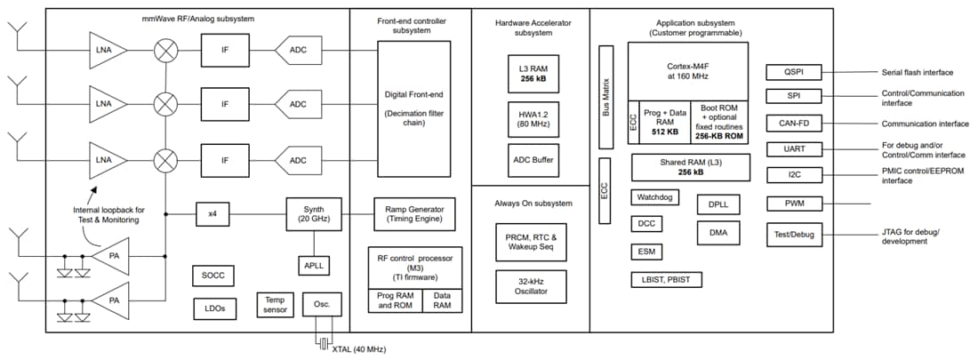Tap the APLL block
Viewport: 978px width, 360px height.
click(x=313, y=265)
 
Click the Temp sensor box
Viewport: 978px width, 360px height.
click(x=275, y=305)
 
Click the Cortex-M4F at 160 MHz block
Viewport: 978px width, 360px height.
click(x=687, y=68)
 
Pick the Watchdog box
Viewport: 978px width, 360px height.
click(x=656, y=196)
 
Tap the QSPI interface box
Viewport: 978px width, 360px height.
click(x=794, y=72)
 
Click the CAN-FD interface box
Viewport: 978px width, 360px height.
click(x=794, y=123)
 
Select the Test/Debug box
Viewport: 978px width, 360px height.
click(x=794, y=235)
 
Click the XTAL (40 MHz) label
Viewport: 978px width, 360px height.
click(x=359, y=349)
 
